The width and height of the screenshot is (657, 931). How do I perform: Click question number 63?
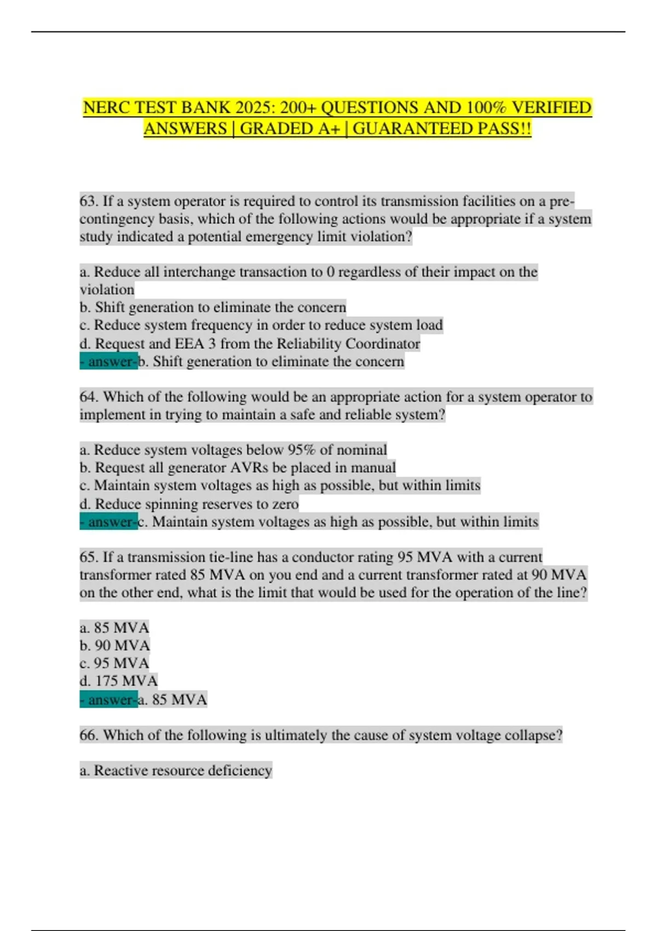click(x=89, y=202)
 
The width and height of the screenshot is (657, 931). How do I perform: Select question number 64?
click(x=89, y=397)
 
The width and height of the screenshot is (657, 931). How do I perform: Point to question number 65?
click(x=89, y=558)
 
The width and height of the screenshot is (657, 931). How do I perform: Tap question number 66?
click(x=89, y=735)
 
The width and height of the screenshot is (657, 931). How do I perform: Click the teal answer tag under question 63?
click(x=108, y=362)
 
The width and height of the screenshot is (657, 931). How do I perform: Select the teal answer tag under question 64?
click(x=108, y=522)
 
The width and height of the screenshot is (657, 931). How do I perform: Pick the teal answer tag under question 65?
click(x=108, y=700)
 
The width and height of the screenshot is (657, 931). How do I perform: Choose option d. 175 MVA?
click(x=118, y=681)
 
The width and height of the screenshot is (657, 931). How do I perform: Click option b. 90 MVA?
click(x=114, y=646)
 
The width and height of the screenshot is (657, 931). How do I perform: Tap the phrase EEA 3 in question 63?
click(x=195, y=344)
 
